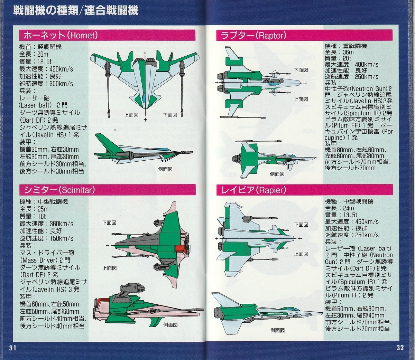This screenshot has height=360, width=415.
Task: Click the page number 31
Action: point(13,348)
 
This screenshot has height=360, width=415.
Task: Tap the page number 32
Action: point(400,348)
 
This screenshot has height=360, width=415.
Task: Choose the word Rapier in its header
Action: point(271,190)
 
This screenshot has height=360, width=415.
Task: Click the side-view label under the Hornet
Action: point(165,169)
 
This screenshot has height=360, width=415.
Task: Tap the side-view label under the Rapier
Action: point(277,330)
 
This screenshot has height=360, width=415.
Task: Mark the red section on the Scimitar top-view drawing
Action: point(181,248)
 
